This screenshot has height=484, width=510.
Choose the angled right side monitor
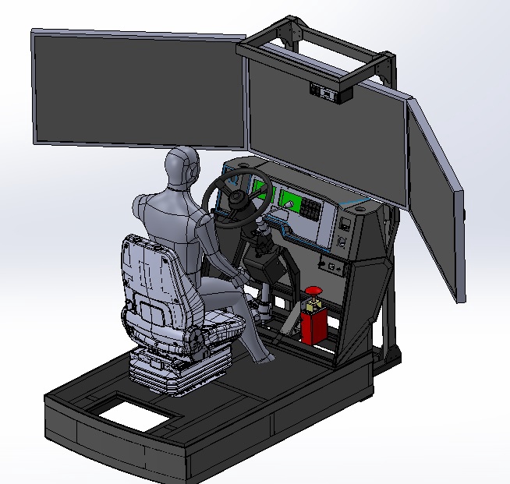pos(436,199)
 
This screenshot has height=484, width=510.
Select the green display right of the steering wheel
pos(292,200)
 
